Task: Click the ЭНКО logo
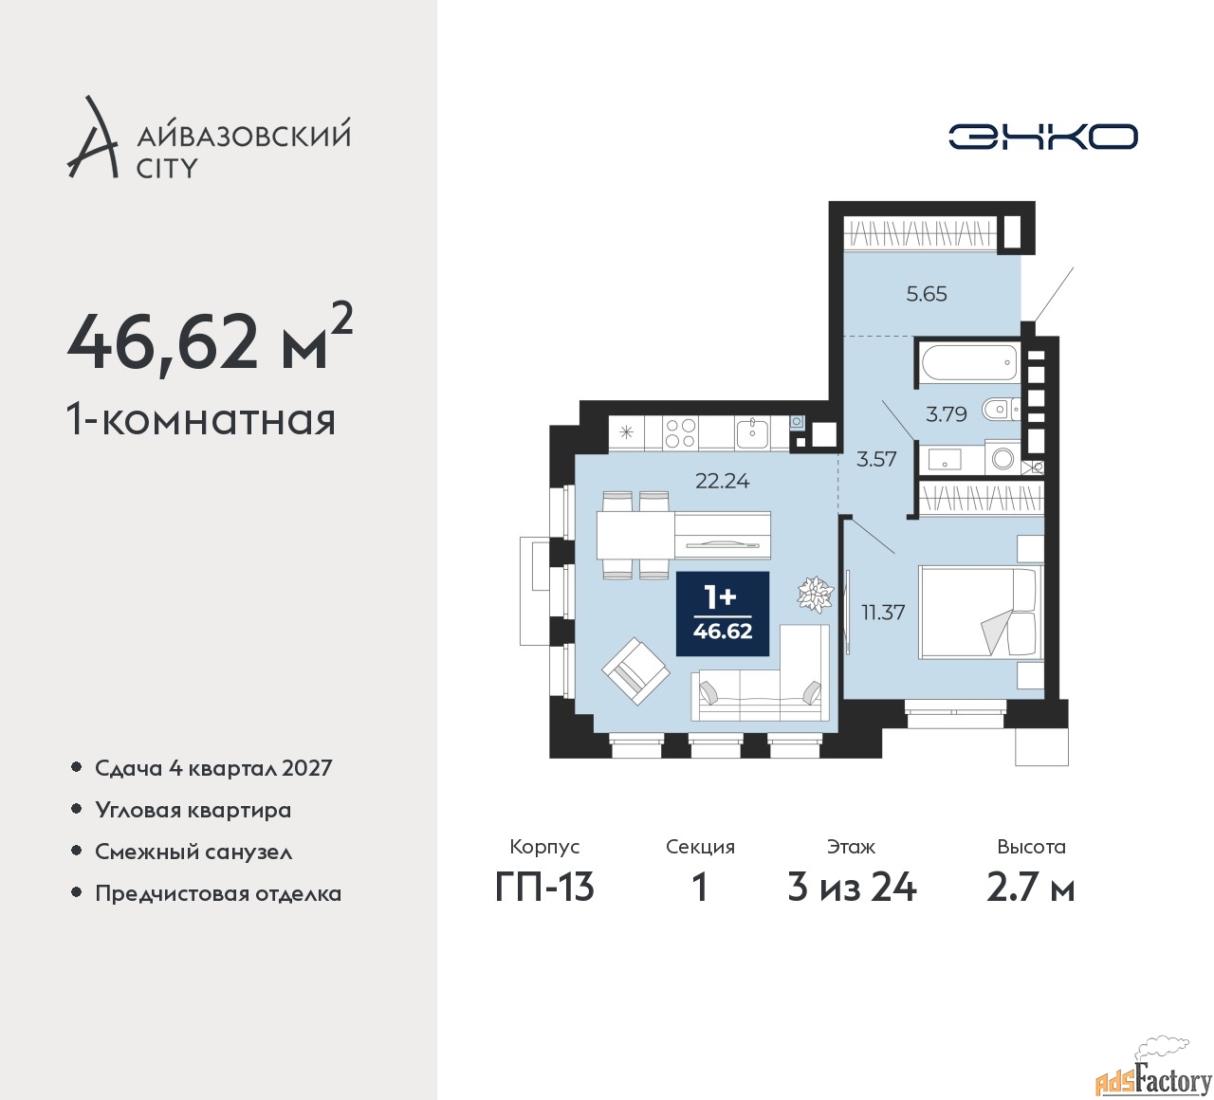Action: click(x=1042, y=137)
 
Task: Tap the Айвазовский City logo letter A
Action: click(x=91, y=137)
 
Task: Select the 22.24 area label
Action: click(x=722, y=481)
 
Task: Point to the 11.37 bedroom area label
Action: click(x=883, y=613)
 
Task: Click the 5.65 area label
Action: click(x=927, y=294)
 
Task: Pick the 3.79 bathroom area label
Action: click(x=947, y=414)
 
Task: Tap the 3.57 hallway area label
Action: click(x=876, y=459)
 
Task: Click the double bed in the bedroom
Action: click(x=980, y=612)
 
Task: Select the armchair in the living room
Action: click(x=635, y=671)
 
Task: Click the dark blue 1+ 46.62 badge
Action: click(x=722, y=613)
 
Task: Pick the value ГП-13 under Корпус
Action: click(x=544, y=889)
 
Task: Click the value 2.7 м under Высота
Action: click(x=1030, y=889)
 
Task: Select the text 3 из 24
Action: click(x=852, y=889)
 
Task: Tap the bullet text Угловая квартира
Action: click(x=193, y=810)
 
